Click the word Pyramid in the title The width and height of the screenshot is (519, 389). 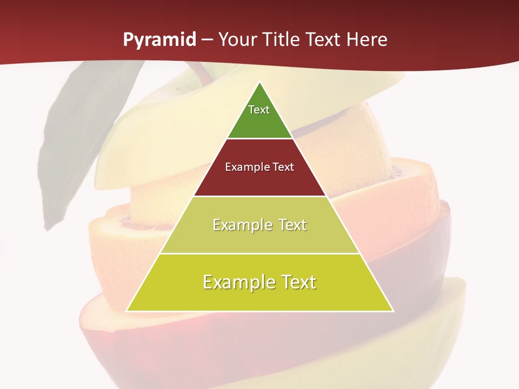pos(159,41)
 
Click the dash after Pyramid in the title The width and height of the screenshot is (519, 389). pos(207,41)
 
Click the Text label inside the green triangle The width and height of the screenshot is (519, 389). pos(259,110)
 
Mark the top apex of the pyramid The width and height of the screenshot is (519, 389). pos(260,83)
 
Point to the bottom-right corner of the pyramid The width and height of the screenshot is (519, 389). pos(392,311)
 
